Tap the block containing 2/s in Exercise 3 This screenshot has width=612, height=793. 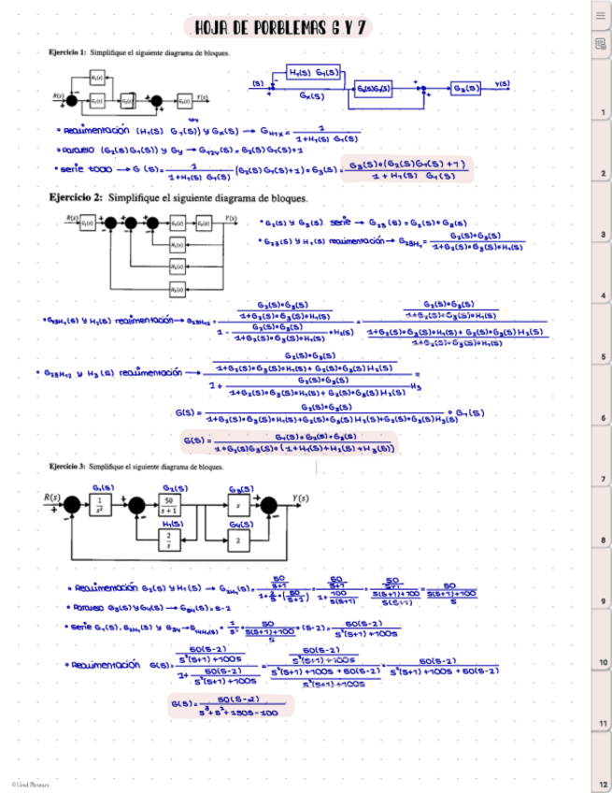(x=169, y=541)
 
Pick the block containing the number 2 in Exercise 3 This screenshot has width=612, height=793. (x=241, y=541)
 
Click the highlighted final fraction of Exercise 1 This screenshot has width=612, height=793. (x=407, y=169)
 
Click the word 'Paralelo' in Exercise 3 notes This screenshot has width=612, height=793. (x=95, y=606)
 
